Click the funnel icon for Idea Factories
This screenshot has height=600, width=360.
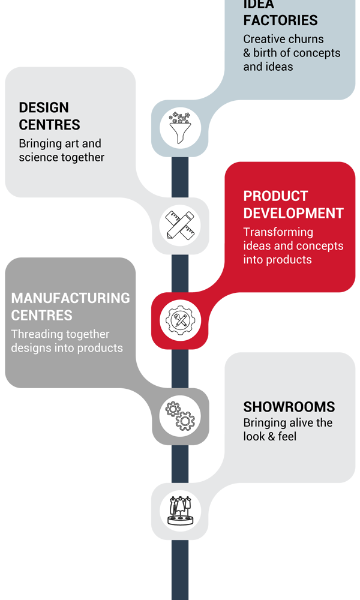point(180,128)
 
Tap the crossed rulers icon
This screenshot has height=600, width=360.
point(180,226)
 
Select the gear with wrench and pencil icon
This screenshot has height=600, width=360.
point(180,320)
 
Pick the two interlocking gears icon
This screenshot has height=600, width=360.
point(180,416)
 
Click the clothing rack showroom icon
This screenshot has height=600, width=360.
point(180,511)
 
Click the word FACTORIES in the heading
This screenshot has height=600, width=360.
point(280,20)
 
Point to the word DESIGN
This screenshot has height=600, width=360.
point(44,107)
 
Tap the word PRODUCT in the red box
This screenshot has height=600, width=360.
point(275,196)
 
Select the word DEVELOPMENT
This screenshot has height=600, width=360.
point(293,213)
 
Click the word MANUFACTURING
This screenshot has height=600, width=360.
point(71,298)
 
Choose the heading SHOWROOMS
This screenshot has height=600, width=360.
point(289,407)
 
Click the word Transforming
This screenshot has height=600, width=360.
point(278,232)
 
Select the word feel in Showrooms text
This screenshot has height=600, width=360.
point(287,436)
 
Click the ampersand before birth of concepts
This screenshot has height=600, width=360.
point(247,53)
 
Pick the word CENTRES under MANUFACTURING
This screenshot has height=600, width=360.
point(42,316)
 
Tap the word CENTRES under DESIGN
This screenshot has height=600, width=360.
point(50,125)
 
